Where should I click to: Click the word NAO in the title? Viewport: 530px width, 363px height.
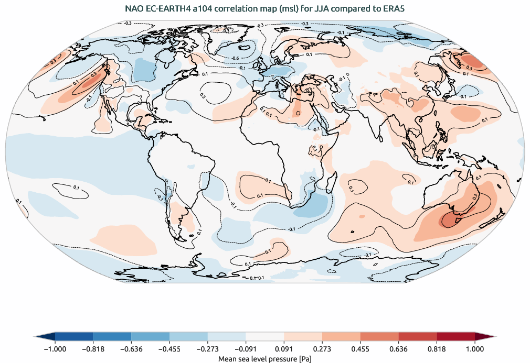point(133,9)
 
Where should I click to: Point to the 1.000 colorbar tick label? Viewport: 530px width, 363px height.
point(475,348)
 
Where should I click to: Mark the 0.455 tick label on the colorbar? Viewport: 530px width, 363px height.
point(361,348)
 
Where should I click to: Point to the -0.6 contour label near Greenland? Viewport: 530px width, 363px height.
point(236,58)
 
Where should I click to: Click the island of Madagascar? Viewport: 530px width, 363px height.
point(331,183)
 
